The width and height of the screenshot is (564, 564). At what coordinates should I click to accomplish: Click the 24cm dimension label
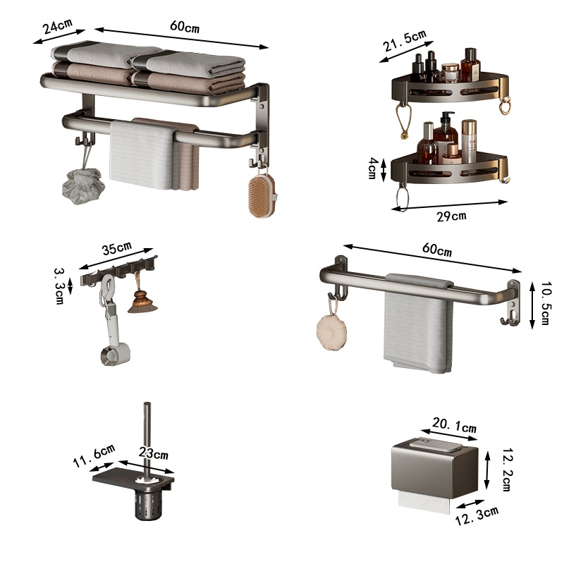coord(58,27)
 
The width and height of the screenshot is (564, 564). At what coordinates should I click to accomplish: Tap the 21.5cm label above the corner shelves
coord(404,41)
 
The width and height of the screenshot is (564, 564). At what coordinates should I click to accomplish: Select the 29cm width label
coord(451,216)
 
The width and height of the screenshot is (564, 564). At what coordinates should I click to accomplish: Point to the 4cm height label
coord(373,168)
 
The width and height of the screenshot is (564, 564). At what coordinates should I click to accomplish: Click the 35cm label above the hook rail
coord(117,248)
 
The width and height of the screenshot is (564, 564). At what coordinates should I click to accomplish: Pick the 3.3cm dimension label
coord(59,286)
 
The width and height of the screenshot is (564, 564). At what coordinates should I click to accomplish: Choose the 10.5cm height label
coord(546,304)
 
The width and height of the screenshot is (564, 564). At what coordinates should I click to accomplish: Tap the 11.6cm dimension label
coord(94,455)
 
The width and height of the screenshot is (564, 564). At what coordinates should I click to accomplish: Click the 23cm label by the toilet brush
coord(154,453)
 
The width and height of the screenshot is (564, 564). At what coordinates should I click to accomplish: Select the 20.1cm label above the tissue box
coord(454,425)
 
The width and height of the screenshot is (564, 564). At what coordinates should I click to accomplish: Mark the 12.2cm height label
coord(507,470)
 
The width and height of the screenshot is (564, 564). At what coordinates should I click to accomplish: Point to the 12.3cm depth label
coord(477,515)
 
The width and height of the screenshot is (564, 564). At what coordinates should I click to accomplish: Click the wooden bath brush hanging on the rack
coord(262,195)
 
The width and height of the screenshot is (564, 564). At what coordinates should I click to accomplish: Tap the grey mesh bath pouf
coord(83,186)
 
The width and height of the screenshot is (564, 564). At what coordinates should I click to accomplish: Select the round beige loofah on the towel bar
coord(331,331)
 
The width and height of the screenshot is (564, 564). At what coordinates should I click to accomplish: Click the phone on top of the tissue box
coord(436,445)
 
